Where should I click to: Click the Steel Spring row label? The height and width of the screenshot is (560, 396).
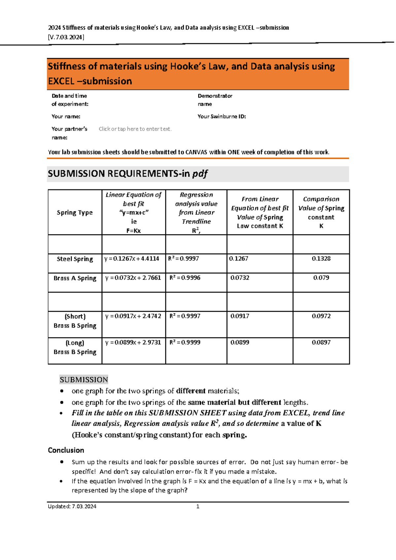pyautogui.click(x=75, y=259)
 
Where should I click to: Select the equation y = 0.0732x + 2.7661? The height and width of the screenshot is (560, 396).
pyautogui.click(x=133, y=278)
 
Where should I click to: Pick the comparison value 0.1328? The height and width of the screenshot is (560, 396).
pyautogui.click(x=321, y=259)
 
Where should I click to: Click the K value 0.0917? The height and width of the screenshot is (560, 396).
pyautogui.click(x=240, y=316)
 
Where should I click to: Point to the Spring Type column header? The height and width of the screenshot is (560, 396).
pyautogui.click(x=75, y=213)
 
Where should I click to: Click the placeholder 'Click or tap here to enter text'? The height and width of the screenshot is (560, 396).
pyautogui.click(x=135, y=129)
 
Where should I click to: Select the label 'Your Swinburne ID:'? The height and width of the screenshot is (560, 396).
pyautogui.click(x=221, y=117)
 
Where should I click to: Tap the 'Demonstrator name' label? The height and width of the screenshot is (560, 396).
pyautogui.click(x=215, y=100)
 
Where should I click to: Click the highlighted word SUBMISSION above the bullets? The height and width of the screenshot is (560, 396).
pyautogui.click(x=84, y=380)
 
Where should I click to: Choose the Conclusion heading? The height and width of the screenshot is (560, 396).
pyautogui.click(x=66, y=450)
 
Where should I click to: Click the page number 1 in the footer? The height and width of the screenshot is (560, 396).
pyautogui.click(x=198, y=507)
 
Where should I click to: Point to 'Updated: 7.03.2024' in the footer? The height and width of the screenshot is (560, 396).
pyautogui.click(x=72, y=507)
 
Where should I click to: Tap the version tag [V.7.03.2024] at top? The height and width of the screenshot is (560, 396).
pyautogui.click(x=66, y=37)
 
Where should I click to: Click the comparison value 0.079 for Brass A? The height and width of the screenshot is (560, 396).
pyautogui.click(x=321, y=278)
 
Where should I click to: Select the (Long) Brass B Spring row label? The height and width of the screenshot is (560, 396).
pyautogui.click(x=75, y=347)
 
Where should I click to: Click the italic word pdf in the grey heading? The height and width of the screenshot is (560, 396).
pyautogui.click(x=200, y=174)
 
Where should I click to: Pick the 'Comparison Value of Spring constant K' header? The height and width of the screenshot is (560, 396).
pyautogui.click(x=321, y=213)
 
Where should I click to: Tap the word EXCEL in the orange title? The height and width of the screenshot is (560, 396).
pyautogui.click(x=61, y=81)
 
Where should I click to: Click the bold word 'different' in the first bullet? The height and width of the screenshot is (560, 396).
pyautogui.click(x=191, y=391)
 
